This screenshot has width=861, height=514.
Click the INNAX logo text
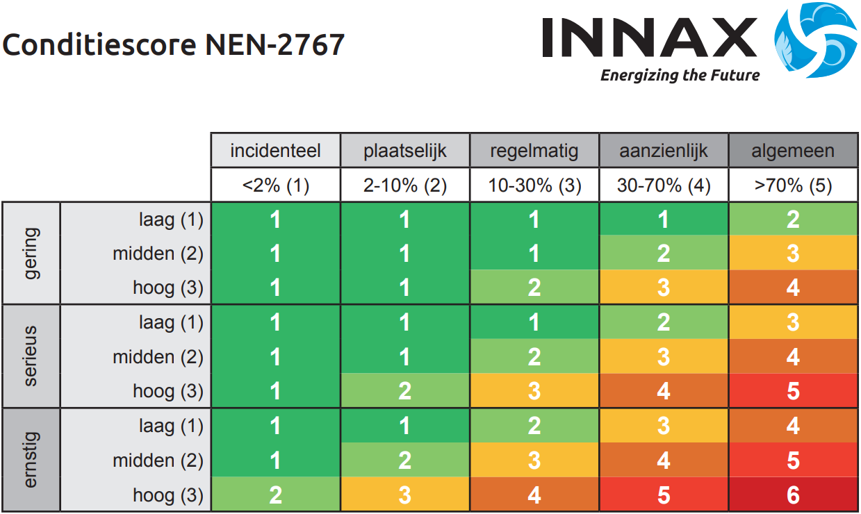pyautogui.click(x=650, y=38)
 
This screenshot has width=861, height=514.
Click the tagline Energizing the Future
pyautogui.click(x=680, y=75)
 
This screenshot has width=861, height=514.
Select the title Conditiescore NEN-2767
pyautogui.click(x=174, y=45)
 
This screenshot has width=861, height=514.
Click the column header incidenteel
pyautogui.click(x=275, y=151)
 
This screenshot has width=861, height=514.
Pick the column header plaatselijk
pyautogui.click(x=405, y=151)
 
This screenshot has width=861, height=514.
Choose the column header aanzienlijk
pyautogui.click(x=664, y=151)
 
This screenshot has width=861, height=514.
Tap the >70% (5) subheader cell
pyautogui.click(x=793, y=185)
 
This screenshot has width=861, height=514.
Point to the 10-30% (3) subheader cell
pyautogui.click(x=534, y=185)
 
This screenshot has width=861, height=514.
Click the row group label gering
pyautogui.click(x=32, y=253)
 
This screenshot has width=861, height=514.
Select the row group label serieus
pyautogui.click(x=32, y=356)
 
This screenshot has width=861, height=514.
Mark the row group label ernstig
pyautogui.click(x=32, y=460)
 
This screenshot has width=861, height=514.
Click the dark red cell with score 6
pyautogui.click(x=793, y=495)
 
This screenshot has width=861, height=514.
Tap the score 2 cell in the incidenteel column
pyautogui.click(x=275, y=495)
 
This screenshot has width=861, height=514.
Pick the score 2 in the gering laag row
pyautogui.click(x=793, y=219)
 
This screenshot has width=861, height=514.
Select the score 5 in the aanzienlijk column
pyautogui.click(x=664, y=495)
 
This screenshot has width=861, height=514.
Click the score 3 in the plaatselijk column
pyautogui.click(x=405, y=495)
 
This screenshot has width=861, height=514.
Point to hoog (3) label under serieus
pyautogui.click(x=168, y=391)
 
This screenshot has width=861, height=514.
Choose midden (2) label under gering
pyautogui.click(x=158, y=254)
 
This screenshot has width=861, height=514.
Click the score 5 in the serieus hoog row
pyautogui.click(x=793, y=391)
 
